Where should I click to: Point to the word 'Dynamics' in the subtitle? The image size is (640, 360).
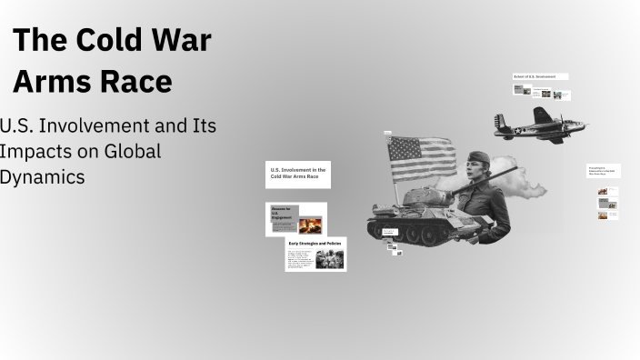point(42,176)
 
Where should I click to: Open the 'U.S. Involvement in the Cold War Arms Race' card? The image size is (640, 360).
point(297,174)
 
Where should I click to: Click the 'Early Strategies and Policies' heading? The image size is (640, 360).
point(315,244)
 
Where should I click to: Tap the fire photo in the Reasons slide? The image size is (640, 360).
point(310,225)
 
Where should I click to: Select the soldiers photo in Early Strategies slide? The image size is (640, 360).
point(329,259)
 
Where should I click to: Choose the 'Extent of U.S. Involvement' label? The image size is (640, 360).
point(540,77)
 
